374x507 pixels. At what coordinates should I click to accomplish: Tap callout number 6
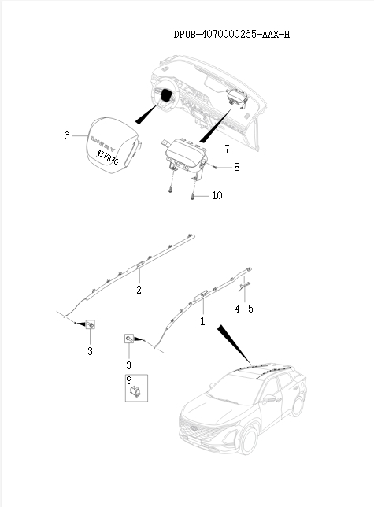click(x=67, y=135)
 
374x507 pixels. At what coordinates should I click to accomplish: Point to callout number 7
click(x=227, y=148)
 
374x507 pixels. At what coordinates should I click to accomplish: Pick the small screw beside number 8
click(x=214, y=167)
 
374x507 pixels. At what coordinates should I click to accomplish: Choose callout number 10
click(x=217, y=195)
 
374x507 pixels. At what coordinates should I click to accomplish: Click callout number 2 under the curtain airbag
click(x=139, y=291)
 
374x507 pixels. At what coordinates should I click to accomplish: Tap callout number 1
click(x=202, y=322)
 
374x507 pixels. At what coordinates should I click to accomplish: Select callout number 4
click(x=237, y=309)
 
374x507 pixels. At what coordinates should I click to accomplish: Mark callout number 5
click(x=250, y=309)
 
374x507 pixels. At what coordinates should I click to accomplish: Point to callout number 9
click(x=128, y=380)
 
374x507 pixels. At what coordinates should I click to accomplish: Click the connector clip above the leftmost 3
click(x=91, y=325)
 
